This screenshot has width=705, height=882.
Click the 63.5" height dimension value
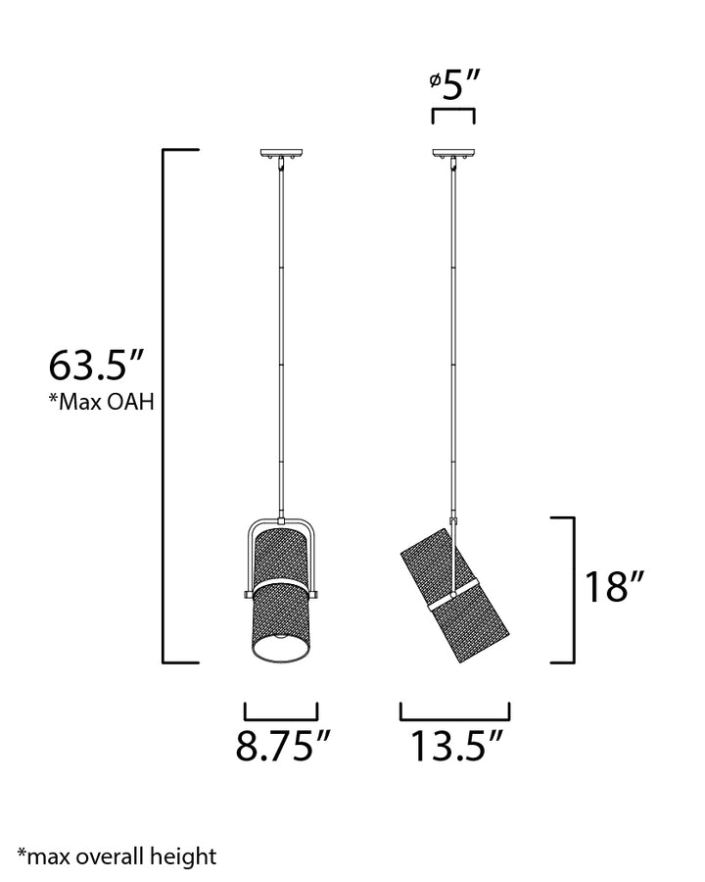(97, 366)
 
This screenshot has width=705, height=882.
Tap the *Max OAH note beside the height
(101, 402)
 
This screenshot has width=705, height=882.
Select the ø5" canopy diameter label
(454, 85)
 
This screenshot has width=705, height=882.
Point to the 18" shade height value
(614, 587)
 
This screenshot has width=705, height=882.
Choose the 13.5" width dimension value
(456, 746)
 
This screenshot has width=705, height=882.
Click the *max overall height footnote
(117, 857)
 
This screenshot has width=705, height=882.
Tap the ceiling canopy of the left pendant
(282, 153)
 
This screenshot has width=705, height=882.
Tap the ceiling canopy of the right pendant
(453, 153)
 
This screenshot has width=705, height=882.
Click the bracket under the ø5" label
(453, 109)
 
